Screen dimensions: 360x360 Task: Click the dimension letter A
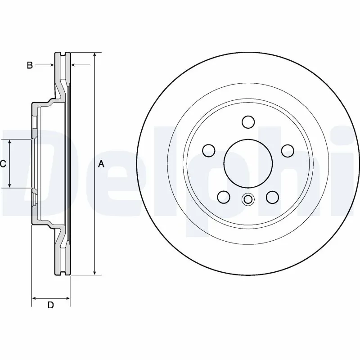point(101,164)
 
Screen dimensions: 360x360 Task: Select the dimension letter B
point(30,66)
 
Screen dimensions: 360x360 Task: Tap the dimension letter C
point(3,164)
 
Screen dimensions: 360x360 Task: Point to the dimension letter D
point(51,306)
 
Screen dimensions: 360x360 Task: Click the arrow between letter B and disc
point(51,66)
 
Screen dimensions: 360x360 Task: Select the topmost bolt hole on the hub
point(247,121)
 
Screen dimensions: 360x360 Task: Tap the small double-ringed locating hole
point(247,199)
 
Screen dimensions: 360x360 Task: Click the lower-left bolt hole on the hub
point(223,197)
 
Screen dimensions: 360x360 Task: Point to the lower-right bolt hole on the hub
point(272,197)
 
